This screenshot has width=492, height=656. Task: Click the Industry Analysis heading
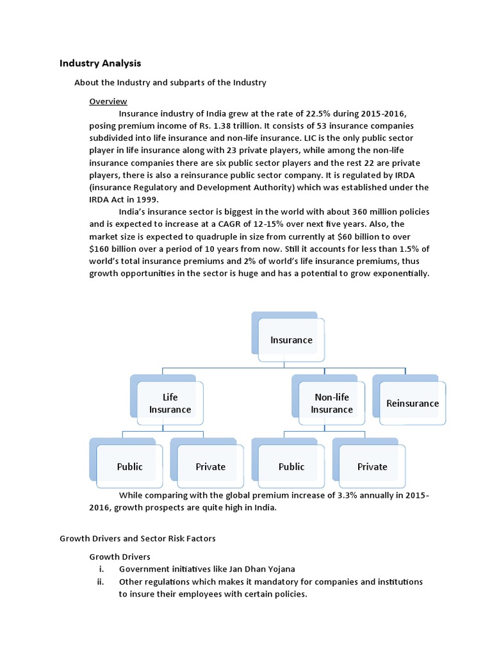tap(100, 63)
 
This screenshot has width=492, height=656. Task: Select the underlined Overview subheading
tap(108, 101)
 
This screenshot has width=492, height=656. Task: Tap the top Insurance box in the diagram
tap(291, 340)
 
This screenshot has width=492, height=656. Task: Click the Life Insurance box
tap(170, 404)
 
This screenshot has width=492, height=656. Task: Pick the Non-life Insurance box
tap(332, 404)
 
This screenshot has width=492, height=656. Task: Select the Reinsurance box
tap(413, 404)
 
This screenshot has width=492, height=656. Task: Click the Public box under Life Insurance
tap(130, 466)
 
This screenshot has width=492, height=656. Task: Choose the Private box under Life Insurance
tap(211, 466)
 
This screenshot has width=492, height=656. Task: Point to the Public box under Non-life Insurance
tap(291, 466)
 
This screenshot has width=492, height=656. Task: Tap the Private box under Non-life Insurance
tap(372, 466)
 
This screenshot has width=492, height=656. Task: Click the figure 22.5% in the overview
tap(314, 113)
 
